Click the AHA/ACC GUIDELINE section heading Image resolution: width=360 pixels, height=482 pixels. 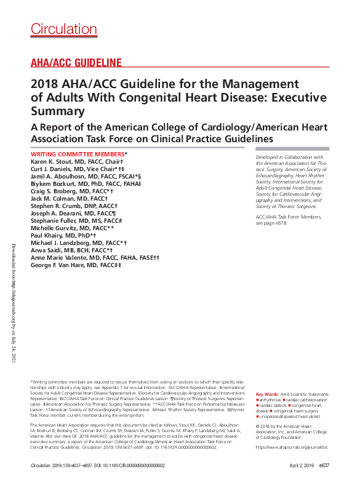76,63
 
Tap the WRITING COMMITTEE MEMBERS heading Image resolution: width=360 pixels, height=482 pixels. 78,153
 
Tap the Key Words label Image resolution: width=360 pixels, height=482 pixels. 267,393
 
